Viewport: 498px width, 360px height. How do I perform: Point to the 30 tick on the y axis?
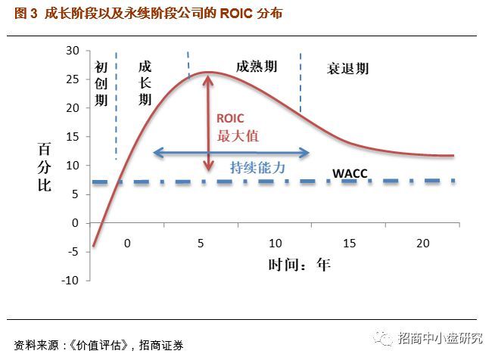73,51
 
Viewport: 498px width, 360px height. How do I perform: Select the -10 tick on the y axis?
70,281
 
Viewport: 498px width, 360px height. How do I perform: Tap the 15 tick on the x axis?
349,244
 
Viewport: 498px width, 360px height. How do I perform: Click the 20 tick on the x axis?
422,244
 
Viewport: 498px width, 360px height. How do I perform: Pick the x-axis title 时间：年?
299,265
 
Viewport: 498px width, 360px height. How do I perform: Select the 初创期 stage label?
101,83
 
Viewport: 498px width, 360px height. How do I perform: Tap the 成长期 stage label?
145,83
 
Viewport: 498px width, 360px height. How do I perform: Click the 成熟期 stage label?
257,67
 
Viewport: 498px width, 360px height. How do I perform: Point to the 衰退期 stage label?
347,69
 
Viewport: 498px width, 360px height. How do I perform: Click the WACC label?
350,174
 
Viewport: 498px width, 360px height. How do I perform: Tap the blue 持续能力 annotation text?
257,168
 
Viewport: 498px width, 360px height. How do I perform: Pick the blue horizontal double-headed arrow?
231,154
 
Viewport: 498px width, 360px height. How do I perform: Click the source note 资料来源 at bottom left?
98,345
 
